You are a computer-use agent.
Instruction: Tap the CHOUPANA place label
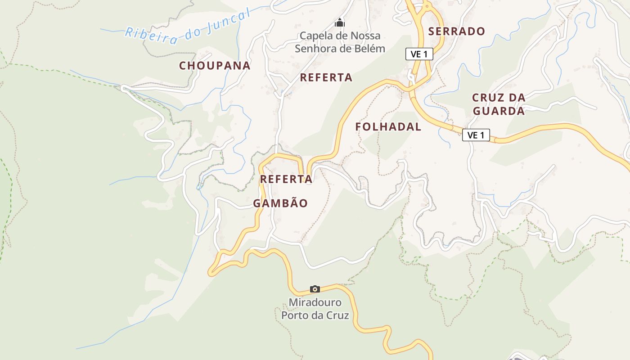click(x=215, y=66)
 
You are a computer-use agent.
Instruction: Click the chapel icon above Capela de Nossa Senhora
click(x=339, y=22)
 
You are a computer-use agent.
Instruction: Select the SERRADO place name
click(x=456, y=31)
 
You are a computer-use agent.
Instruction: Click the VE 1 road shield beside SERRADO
click(x=419, y=54)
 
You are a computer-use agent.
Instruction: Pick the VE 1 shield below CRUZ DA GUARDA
click(x=476, y=135)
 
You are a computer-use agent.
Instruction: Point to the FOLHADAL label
click(x=388, y=127)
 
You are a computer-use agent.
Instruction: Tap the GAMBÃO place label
click(x=280, y=203)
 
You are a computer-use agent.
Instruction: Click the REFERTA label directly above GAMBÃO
click(x=286, y=179)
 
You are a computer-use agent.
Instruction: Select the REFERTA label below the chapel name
click(x=326, y=77)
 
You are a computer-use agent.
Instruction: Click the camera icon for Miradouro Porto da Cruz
click(x=315, y=289)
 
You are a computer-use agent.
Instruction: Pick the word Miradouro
click(x=315, y=302)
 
